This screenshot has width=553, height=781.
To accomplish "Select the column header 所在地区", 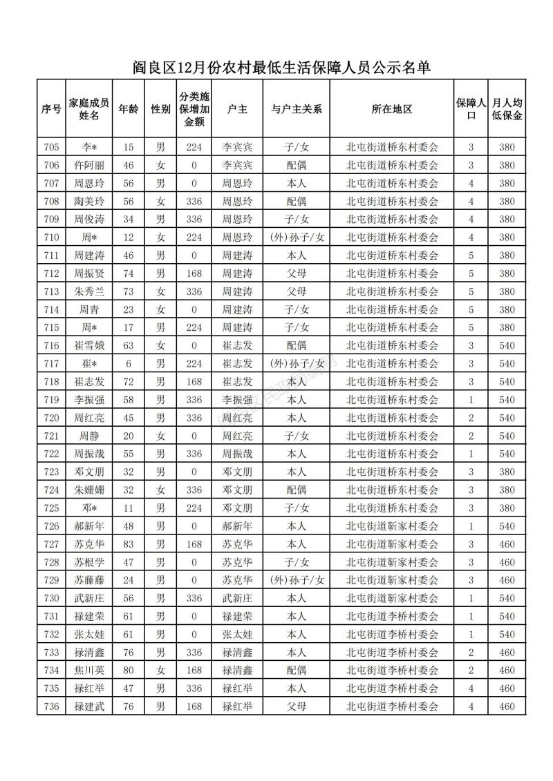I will (391, 109).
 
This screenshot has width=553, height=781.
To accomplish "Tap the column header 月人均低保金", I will (507, 109).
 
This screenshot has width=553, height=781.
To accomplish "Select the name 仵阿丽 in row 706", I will (89, 165).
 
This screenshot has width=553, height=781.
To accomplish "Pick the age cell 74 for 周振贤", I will (128, 273).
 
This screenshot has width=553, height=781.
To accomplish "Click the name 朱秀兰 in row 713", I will (89, 291).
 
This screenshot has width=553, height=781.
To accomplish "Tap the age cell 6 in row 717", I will (128, 363).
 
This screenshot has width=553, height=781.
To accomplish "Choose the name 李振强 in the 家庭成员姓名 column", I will (89, 400).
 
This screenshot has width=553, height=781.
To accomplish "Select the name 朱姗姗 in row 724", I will (89, 490).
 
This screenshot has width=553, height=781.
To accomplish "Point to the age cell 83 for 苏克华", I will (128, 544).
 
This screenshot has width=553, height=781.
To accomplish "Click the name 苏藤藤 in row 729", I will (89, 580).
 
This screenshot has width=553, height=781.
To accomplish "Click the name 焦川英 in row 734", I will (89, 671).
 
